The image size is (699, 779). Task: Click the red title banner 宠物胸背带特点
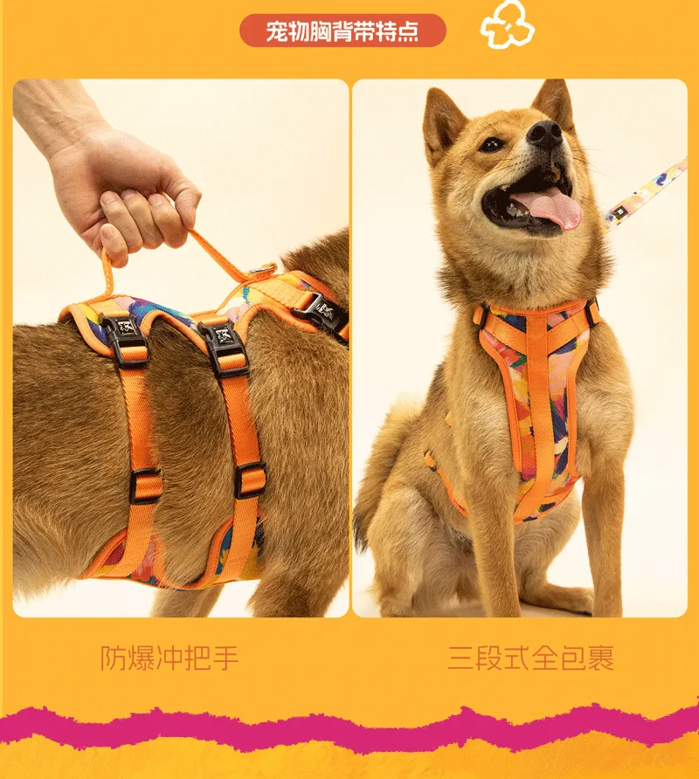point(343,31)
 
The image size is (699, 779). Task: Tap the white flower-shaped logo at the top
point(507,24)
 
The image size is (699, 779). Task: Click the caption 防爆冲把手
point(170,658)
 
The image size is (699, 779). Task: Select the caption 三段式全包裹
point(530,658)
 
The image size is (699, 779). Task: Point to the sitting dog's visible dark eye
point(492,145)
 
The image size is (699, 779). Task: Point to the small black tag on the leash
point(619,213)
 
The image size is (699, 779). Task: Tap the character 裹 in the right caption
point(600,658)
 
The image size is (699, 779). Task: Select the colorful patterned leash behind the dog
point(647,191)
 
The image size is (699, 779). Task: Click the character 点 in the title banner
point(405,31)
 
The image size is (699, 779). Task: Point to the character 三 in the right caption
point(460,658)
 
